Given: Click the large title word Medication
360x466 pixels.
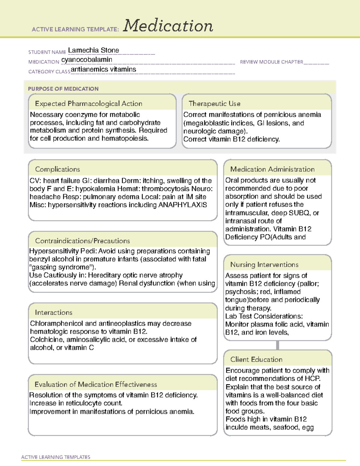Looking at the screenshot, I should [x=168, y=26].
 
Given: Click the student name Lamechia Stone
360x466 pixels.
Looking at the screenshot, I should [x=94, y=50].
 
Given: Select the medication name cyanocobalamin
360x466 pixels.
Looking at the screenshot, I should [x=87, y=60].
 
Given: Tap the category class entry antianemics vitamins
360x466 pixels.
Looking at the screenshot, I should [x=103, y=69].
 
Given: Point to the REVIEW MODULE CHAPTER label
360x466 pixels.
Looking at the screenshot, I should [x=271, y=62].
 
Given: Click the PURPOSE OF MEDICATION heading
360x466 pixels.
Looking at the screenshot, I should [x=63, y=89].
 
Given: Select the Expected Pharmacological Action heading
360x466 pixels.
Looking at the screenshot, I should [x=88, y=104].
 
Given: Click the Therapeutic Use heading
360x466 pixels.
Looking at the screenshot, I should [x=214, y=104].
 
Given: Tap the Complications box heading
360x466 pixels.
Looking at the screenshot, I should [x=57, y=169].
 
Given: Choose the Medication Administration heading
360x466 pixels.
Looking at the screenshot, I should [x=272, y=169].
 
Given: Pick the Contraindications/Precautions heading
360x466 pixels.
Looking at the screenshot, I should [x=82, y=241].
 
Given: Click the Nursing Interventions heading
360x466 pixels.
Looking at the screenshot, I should [x=264, y=264].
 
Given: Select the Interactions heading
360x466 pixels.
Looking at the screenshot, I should [x=53, y=312].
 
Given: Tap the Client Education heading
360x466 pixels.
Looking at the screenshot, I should [x=256, y=359].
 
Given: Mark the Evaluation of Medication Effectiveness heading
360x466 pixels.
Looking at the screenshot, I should [x=96, y=384].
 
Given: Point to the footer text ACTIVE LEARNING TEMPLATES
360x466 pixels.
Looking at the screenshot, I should [x=55, y=457].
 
